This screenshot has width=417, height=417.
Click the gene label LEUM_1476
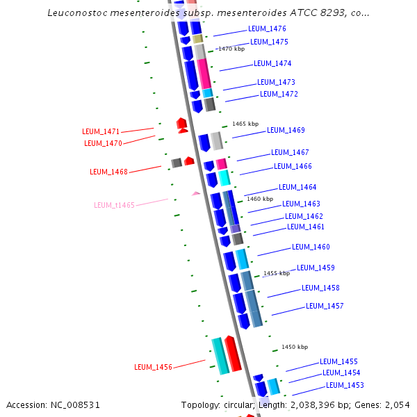click(267, 29)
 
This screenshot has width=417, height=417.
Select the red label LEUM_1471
click(101, 131)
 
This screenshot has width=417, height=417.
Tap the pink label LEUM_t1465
click(114, 205)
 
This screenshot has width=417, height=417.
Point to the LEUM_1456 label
click(153, 367)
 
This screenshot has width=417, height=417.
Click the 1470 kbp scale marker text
click(231, 49)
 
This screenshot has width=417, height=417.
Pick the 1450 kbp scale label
click(294, 347)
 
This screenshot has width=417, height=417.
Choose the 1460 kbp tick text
click(260, 199)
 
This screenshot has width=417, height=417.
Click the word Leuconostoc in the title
click(79, 13)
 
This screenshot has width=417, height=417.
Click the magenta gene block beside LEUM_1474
click(204, 74)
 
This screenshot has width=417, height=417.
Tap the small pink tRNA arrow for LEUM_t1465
click(196, 193)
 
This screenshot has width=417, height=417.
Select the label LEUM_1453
click(345, 385)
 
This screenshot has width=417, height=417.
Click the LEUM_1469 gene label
click(286, 130)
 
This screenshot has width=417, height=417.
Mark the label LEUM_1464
click(297, 187)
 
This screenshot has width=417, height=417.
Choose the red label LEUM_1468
click(108, 172)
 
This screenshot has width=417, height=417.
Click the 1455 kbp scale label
click(276, 273)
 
